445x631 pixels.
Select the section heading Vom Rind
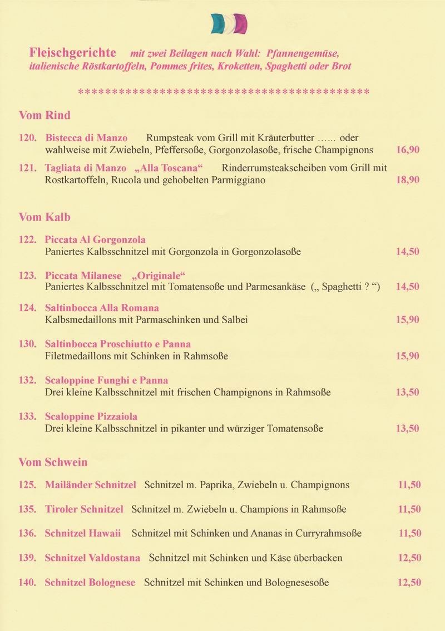pyautogui.click(x=44, y=116)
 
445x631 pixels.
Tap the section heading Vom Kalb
pyautogui.click(x=44, y=217)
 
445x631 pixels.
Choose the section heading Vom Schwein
pyautogui.click(x=53, y=462)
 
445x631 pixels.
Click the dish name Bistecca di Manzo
pyautogui.click(x=86, y=138)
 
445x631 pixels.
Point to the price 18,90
pyautogui.click(x=408, y=180)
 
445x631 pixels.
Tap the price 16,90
pyautogui.click(x=408, y=150)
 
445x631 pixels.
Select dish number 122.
pyautogui.click(x=28, y=240)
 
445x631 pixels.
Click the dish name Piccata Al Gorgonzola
pyautogui.click(x=95, y=240)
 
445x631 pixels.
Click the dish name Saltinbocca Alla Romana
pyautogui.click(x=102, y=308)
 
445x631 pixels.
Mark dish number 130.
pyautogui.click(x=28, y=344)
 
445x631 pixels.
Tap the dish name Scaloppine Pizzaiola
pyautogui.click(x=91, y=417)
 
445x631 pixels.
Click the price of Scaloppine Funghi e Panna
pyautogui.click(x=408, y=393)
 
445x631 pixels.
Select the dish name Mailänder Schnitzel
pyautogui.click(x=90, y=485)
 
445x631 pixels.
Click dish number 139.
pyautogui.click(x=28, y=558)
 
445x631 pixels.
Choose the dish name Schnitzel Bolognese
pyautogui.click(x=90, y=583)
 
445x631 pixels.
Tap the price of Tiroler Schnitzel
pyautogui.click(x=409, y=509)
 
